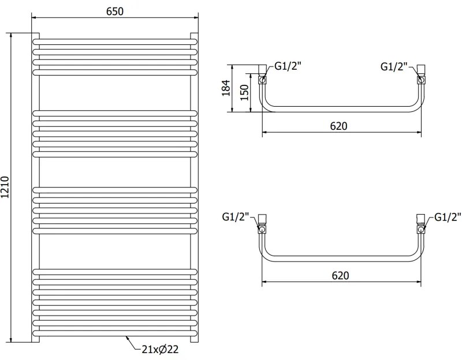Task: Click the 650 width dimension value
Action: pyautogui.click(x=115, y=12)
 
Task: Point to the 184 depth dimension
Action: pyautogui.click(x=226, y=88)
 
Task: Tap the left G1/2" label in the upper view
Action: pyautogui.click(x=288, y=67)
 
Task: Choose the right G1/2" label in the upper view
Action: pyautogui.click(x=394, y=67)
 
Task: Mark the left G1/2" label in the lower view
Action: pyautogui.click(x=235, y=217)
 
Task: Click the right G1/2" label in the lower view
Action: pyautogui.click(x=448, y=217)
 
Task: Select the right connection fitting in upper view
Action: pyautogui.click(x=421, y=76)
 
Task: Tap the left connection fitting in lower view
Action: pyautogui.click(x=263, y=224)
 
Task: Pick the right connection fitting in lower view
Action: pyautogui.click(x=421, y=224)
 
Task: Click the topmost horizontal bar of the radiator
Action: pyautogui.click(x=115, y=42)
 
